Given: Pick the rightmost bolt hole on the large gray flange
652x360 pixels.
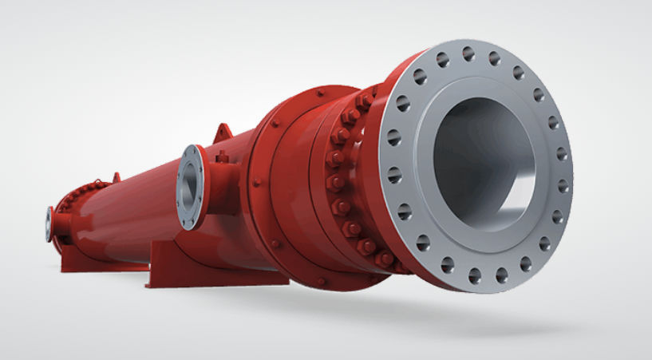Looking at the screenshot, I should click(x=563, y=185).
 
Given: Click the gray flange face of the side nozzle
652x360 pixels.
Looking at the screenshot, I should click(x=190, y=185).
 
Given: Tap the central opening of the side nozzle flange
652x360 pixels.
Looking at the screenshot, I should click(x=191, y=186).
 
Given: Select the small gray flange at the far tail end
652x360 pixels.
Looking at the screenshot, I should click(x=49, y=224).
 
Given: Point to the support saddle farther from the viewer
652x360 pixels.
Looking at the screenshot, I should click(x=84, y=251).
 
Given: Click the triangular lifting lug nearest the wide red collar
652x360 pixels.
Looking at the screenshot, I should click(x=221, y=132).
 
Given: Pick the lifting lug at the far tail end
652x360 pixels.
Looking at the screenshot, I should click(x=117, y=176).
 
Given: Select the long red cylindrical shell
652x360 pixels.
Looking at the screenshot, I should click(x=144, y=212).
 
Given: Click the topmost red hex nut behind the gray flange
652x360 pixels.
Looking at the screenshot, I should click(x=363, y=101).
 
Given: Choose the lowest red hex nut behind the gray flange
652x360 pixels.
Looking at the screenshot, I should click(x=383, y=260).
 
